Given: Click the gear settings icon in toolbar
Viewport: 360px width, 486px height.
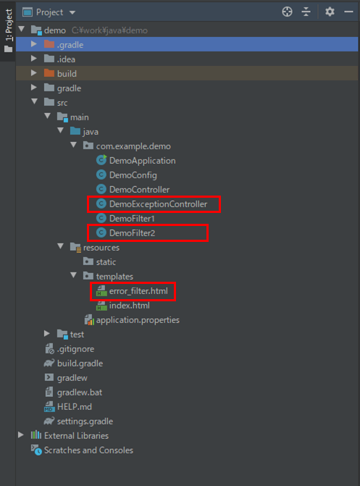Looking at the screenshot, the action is click(x=330, y=12).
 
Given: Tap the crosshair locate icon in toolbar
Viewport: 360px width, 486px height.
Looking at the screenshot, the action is click(x=287, y=12).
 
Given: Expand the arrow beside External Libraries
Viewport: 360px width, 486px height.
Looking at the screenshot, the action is click(x=21, y=435).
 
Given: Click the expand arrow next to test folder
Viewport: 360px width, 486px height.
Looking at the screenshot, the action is click(x=47, y=333).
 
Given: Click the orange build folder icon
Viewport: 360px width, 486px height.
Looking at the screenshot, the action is click(x=49, y=73).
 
